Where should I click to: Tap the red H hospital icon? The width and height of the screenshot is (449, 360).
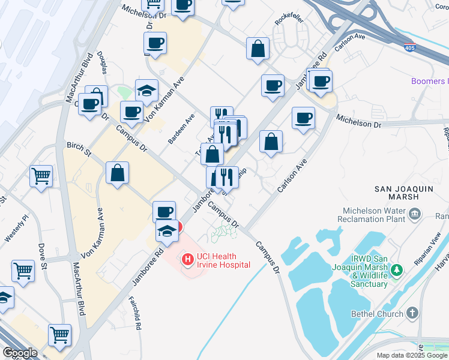point(188,260)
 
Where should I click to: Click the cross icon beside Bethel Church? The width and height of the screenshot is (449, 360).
point(412,313)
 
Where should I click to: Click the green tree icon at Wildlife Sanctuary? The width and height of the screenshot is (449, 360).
point(396,271)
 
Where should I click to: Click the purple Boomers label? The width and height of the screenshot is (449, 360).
point(429,81)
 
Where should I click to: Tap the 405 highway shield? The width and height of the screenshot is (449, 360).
point(409,47)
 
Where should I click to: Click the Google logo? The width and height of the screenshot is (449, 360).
point(20,353)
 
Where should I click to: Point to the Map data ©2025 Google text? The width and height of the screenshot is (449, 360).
point(412,355)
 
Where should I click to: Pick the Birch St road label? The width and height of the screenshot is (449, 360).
point(79,149)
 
